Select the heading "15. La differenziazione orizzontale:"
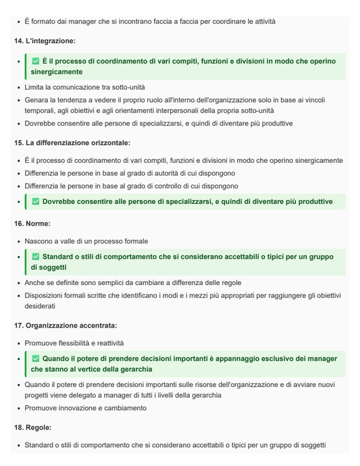(x=72, y=143)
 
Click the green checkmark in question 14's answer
(x=36, y=61)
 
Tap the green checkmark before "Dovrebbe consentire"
(x=36, y=202)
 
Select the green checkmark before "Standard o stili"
(x=36, y=257)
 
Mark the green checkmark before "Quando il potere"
(x=36, y=359)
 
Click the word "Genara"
(x=38, y=100)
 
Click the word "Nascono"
(x=40, y=241)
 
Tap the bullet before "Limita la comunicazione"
(x=18, y=88)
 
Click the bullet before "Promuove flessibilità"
(x=18, y=343)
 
